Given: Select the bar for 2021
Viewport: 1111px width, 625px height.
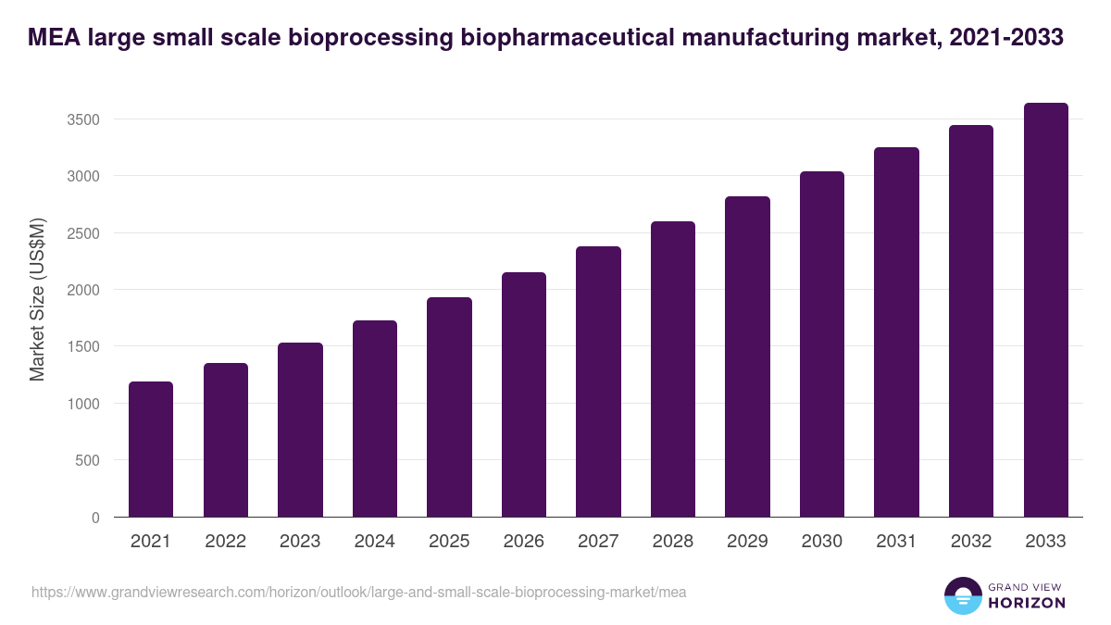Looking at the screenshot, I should (151, 449).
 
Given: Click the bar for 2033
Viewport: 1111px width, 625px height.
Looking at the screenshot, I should (1045, 310).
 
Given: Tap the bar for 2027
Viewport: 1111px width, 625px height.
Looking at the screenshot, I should (598, 381).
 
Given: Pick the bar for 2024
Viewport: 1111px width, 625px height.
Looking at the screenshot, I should (375, 419).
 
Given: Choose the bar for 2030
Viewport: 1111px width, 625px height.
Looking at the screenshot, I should (822, 344).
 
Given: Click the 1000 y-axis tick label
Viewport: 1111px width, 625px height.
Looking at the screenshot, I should (81, 404).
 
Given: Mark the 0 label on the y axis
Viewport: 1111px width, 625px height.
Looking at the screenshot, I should (95, 518).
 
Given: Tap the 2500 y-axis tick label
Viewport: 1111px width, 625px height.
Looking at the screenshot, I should (81, 233).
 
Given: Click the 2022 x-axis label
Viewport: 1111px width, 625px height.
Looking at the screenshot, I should (225, 542).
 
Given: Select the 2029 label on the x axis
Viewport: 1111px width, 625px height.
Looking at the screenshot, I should (747, 542).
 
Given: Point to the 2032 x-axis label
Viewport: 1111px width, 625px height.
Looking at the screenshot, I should (971, 542).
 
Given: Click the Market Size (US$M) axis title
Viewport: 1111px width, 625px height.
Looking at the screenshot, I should (37, 299).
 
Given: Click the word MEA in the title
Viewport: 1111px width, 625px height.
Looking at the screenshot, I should (53, 38).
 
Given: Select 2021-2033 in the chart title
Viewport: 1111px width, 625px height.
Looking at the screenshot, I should (1006, 38).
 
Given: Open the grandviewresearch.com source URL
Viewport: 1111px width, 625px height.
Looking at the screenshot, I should (358, 592).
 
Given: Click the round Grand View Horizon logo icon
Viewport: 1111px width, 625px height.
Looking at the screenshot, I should (963, 596).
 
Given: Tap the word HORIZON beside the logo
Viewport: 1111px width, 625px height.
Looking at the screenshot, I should (1026, 603).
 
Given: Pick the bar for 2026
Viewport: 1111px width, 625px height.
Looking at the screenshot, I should (524, 394).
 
